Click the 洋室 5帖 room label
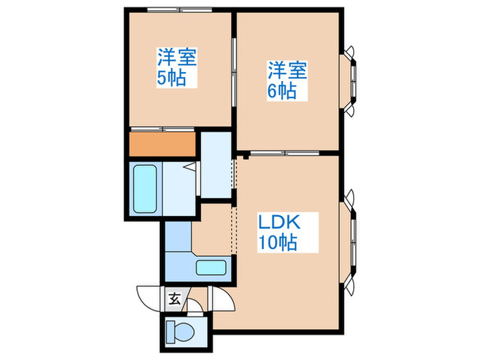click(x=177, y=67)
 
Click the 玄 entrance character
click(x=174, y=298)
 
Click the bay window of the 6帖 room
click(x=351, y=80)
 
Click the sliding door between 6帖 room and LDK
click(x=277, y=151)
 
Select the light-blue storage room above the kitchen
click(x=217, y=165)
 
